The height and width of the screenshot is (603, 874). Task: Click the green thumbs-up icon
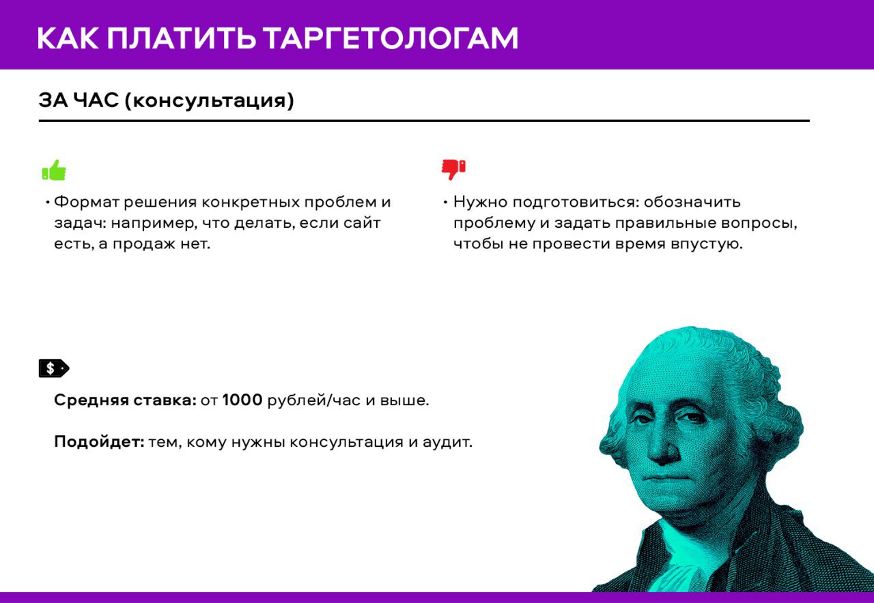point(54,170)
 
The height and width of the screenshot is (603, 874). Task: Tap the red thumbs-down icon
point(453,170)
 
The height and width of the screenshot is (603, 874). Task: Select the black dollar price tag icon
point(54,368)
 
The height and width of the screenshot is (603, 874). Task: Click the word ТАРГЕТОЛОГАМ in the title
point(390,38)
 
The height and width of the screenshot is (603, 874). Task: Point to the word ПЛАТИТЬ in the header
point(182,38)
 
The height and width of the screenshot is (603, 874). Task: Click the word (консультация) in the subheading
point(209,100)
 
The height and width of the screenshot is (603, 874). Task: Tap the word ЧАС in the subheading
point(96,100)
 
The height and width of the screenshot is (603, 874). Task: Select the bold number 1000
point(242,400)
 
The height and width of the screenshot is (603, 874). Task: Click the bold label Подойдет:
point(99,442)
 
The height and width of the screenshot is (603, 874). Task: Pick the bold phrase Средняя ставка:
point(125,400)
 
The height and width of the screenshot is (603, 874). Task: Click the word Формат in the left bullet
point(87,202)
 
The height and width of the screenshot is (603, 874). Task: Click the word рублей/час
point(314,400)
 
